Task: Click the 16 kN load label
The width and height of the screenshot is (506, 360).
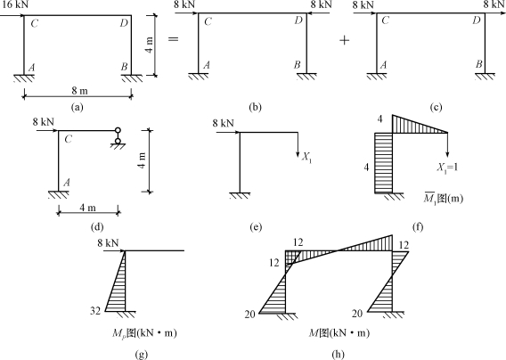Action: coord(14,4)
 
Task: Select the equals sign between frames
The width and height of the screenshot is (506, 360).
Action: coord(174,39)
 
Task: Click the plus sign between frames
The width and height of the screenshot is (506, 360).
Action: coord(345,40)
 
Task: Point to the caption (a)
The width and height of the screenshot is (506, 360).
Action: coord(77,107)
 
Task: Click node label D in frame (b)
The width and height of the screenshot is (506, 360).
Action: coord(298,20)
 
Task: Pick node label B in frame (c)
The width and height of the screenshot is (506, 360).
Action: coord(479,64)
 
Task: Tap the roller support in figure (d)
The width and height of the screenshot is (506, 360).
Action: coord(118,138)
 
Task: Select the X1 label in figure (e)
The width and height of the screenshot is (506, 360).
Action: coord(306,157)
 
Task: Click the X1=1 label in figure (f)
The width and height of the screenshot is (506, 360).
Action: coord(447,168)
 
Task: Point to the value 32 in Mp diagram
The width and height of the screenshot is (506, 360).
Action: coord(95,312)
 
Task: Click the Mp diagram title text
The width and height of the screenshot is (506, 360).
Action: coord(144,333)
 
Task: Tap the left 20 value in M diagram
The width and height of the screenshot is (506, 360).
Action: coord(249,314)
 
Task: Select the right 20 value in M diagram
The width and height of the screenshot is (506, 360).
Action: coord(357,313)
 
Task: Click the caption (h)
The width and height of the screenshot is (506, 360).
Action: coord(338,354)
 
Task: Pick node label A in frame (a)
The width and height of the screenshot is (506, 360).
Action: coord(31,68)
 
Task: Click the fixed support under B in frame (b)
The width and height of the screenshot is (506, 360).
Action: coord(306,77)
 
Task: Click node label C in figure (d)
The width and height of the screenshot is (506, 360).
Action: coord(68,140)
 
